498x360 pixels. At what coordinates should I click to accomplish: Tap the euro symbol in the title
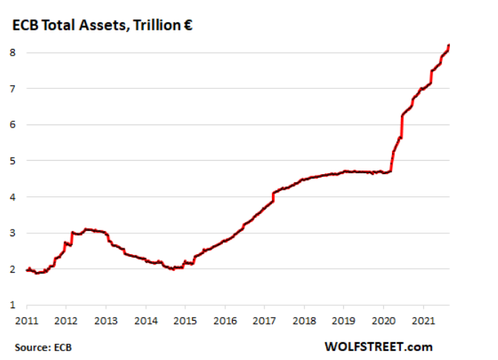(x=188, y=25)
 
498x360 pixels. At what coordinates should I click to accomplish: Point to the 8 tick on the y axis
(x=13, y=53)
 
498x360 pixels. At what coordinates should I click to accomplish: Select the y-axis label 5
(x=13, y=161)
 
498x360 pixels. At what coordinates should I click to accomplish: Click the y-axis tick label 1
(x=13, y=305)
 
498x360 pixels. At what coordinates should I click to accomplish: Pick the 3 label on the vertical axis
(x=13, y=233)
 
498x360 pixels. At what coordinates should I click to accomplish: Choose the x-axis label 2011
(x=27, y=321)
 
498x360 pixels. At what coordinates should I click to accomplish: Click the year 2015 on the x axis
(x=185, y=321)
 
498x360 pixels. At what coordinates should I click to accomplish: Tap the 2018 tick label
(x=305, y=321)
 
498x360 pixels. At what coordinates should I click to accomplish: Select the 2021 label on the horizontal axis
(x=423, y=321)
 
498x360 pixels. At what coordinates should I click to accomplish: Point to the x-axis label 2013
(x=106, y=321)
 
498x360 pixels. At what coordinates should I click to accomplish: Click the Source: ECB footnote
(x=43, y=347)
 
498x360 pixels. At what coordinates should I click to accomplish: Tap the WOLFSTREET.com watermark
(x=379, y=347)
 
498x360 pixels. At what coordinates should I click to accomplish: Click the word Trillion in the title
(x=157, y=25)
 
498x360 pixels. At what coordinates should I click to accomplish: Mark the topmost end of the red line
(x=449, y=45)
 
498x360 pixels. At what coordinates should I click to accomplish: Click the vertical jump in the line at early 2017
(x=273, y=197)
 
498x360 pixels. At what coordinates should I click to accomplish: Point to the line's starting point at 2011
(x=27, y=270)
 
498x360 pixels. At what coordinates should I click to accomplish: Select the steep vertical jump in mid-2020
(x=402, y=127)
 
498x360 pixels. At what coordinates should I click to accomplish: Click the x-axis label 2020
(x=384, y=321)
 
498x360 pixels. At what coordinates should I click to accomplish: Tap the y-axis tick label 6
(x=13, y=124)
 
